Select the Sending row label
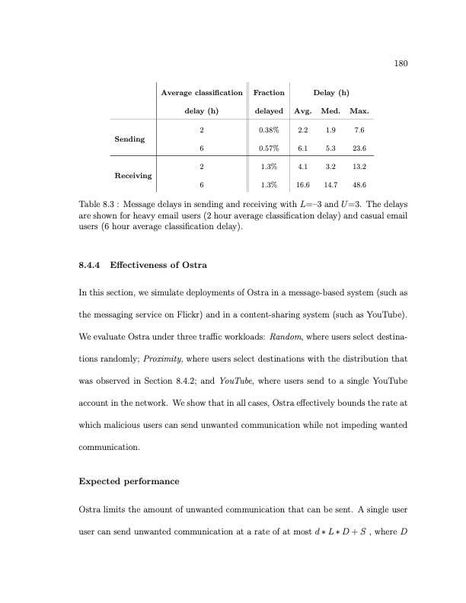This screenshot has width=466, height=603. (129, 140)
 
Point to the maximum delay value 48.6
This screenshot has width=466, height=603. (359, 185)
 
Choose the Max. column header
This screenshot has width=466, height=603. (359, 112)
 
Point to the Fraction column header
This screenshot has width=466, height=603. (268, 93)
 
